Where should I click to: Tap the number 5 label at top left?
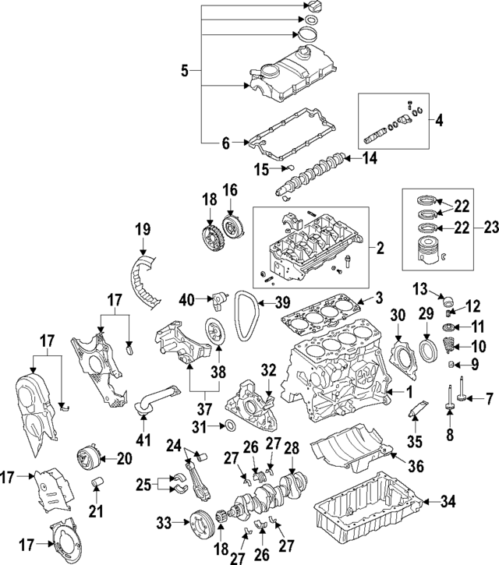[x=185, y=72]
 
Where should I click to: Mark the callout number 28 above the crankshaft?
[x=292, y=448]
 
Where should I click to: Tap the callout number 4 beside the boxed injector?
[x=439, y=121]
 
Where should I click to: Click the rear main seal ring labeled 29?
[x=428, y=347]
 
